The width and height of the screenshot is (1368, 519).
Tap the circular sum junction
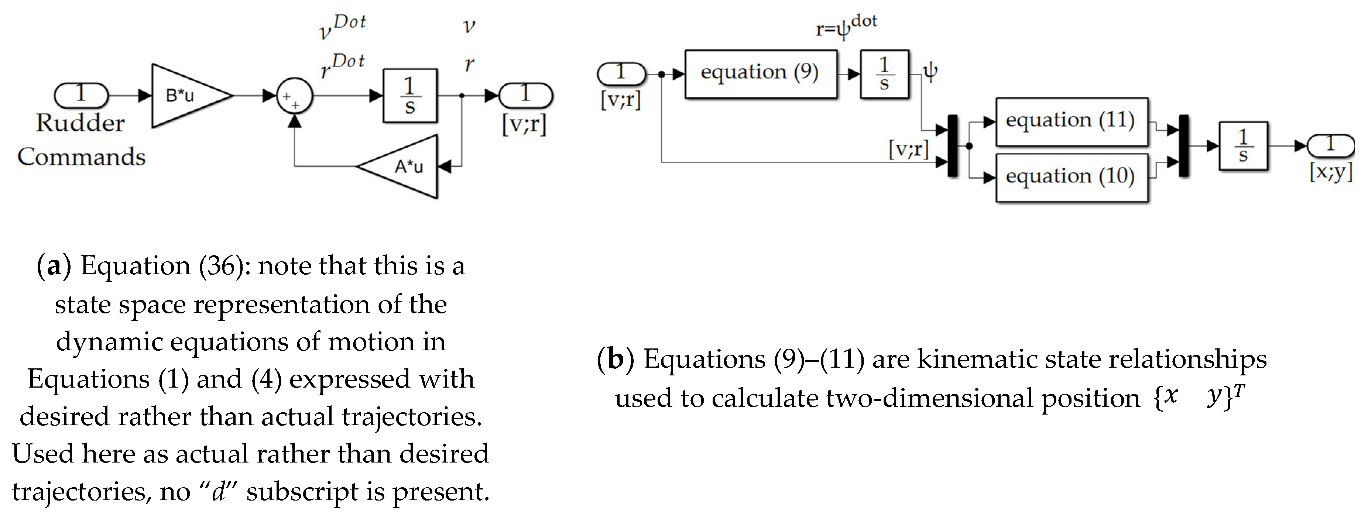click(295, 96)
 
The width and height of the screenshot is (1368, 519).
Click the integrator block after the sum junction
click(410, 96)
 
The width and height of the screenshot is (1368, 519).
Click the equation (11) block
click(1071, 121)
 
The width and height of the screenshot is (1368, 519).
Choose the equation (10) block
click(1071, 177)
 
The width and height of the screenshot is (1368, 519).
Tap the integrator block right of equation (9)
click(884, 74)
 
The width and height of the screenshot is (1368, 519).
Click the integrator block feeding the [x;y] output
click(1243, 146)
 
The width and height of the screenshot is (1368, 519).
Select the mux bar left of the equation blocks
click(953, 146)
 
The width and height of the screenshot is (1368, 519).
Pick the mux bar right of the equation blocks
click(1184, 146)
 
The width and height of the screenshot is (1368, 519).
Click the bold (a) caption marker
click(54, 266)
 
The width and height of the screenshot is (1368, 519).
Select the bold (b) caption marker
click(616, 359)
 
